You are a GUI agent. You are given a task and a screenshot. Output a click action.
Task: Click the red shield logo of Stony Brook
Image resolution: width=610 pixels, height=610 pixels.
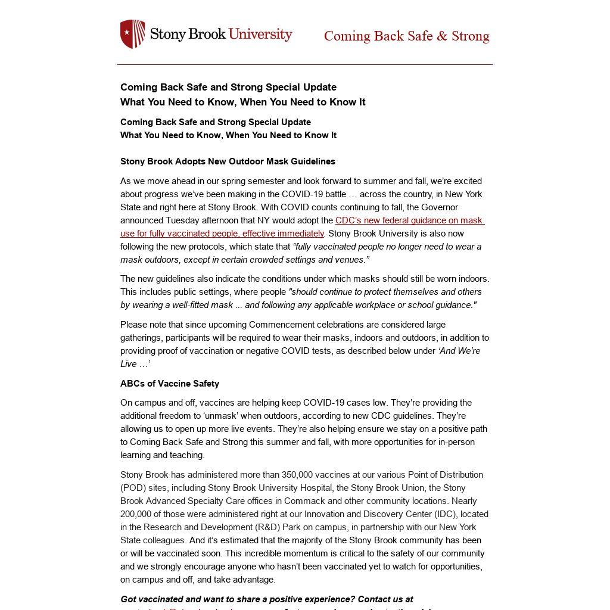click(132, 34)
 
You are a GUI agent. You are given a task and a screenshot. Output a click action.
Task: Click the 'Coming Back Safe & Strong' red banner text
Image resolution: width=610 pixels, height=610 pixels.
click(406, 36)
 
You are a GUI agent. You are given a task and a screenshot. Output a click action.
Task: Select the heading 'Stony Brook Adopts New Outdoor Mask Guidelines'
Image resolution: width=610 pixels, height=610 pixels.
click(228, 161)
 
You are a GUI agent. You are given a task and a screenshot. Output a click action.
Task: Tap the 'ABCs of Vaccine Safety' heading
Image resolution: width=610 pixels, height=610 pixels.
click(170, 384)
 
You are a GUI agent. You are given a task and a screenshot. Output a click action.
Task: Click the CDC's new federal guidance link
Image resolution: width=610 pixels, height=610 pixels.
click(409, 220)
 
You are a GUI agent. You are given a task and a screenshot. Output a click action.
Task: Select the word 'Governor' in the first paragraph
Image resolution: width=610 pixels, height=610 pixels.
click(438, 207)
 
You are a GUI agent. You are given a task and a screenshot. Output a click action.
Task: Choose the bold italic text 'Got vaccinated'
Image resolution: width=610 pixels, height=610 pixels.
click(151, 599)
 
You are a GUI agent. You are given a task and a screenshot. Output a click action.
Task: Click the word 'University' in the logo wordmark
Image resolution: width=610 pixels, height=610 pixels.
click(260, 34)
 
